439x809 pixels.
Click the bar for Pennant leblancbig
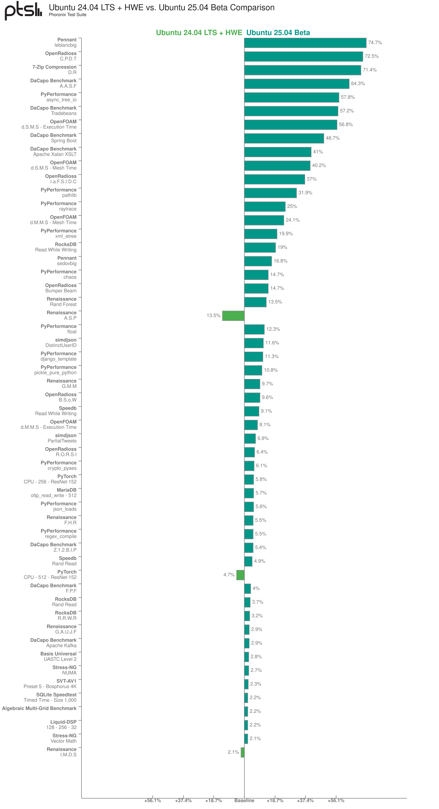pos(305,43)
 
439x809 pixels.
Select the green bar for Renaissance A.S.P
pos(233,316)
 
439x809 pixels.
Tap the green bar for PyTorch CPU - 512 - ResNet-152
pos(240,575)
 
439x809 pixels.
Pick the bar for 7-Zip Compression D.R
pos(303,70)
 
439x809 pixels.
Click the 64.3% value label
pos(358,84)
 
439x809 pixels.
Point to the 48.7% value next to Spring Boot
pos(332,138)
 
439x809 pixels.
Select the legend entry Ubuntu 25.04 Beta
pos(278,33)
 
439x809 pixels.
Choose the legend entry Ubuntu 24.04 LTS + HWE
pos(199,33)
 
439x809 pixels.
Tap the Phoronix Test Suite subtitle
pos(68,15)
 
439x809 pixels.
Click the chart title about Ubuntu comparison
pos(162,7)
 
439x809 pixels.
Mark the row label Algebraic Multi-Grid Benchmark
pos(39,709)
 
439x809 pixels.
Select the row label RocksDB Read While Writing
pos(56,247)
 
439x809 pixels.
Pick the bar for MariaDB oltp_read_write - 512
pos(249,493)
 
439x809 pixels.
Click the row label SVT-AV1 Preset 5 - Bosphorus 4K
pos(50,684)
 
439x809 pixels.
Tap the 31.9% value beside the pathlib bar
pos(305,193)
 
